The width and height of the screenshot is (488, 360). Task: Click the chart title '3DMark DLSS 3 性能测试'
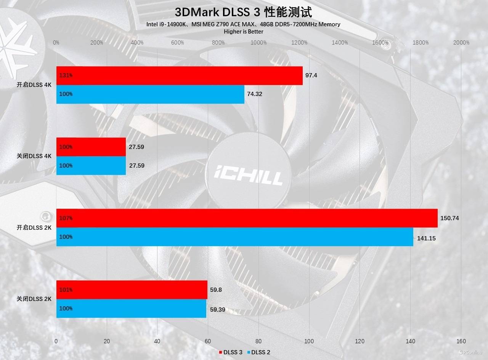[x=243, y=12]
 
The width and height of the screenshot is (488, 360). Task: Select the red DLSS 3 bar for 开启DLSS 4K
[x=179, y=75]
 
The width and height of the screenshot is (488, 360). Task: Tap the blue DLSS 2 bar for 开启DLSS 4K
[x=150, y=94]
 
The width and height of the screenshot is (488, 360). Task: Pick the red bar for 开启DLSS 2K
[x=247, y=218]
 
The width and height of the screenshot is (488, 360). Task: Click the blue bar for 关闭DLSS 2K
[x=131, y=309]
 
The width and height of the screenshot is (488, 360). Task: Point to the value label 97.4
[x=311, y=75]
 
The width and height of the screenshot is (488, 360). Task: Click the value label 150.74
[x=449, y=218]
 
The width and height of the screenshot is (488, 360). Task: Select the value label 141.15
[x=426, y=238]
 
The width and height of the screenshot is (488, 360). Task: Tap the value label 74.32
[x=255, y=94]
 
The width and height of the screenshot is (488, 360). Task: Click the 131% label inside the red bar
[x=66, y=75]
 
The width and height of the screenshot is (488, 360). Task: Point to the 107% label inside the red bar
[x=66, y=218]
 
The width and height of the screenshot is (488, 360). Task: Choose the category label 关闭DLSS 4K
[x=34, y=156]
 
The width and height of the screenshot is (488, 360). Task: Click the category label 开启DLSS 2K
[x=34, y=227]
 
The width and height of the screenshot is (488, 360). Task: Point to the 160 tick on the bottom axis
[x=461, y=341]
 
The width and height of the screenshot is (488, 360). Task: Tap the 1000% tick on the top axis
[x=258, y=43]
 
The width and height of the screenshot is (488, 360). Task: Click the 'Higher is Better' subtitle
[x=243, y=32]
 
